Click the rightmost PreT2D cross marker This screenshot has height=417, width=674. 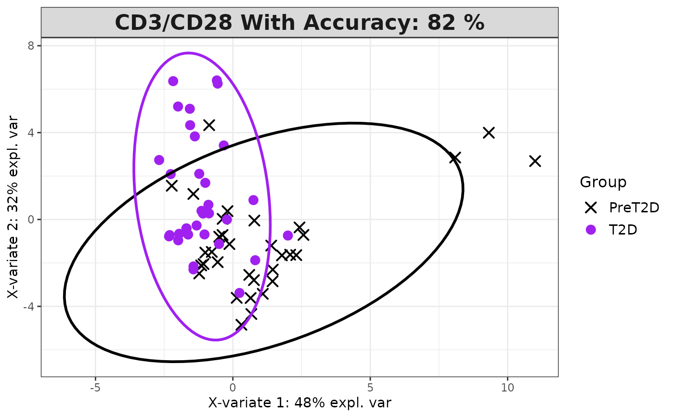535,161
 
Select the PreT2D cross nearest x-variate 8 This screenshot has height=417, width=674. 455,158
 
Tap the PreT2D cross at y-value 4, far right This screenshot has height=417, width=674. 489,132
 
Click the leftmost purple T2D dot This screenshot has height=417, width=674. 159,160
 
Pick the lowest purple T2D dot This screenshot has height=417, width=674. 239,293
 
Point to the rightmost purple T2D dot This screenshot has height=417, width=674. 288,235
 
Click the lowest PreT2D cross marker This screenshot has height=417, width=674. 241,325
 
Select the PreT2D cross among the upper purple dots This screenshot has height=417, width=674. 209,125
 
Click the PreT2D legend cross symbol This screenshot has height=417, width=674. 591,208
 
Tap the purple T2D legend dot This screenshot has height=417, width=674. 591,230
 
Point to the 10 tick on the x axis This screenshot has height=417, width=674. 507,388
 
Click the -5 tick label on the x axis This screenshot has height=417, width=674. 95,388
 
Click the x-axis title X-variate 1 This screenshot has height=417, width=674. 299,403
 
